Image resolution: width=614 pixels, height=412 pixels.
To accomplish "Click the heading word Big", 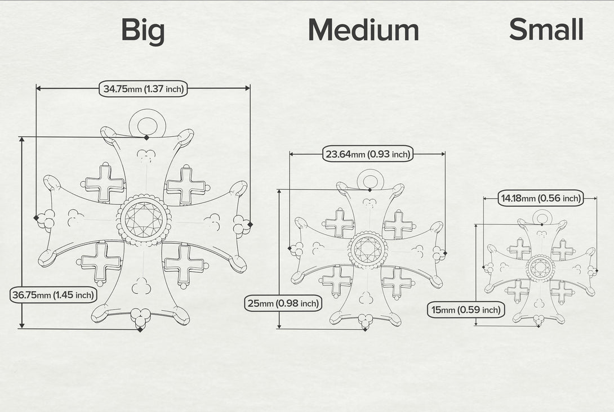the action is point(143,30).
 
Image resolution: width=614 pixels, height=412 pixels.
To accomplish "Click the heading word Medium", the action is point(363,30).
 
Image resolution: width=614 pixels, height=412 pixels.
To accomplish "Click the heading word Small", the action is point(546,29).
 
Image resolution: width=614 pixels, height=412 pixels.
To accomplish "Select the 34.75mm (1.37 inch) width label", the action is point(143,89).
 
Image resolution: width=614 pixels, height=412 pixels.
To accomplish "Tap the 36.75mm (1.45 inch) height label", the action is point(54,294).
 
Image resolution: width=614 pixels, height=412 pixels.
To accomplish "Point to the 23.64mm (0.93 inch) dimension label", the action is point(368,154).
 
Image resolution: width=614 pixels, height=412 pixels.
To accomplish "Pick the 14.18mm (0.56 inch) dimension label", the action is point(541,198).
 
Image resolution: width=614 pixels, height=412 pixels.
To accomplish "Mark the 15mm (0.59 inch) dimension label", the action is point(466,310).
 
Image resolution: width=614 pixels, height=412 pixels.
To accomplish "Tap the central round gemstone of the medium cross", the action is point(368,249).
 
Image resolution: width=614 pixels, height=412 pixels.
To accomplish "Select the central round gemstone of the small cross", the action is point(541,268).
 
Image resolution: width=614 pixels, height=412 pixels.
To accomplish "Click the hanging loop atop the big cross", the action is point(147,123).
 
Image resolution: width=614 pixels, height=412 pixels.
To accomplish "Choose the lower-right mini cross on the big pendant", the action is point(184,264).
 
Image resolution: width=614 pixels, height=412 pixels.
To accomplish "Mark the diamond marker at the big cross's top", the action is point(146,137).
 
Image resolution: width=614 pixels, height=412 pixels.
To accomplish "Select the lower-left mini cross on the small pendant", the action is point(518,291).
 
